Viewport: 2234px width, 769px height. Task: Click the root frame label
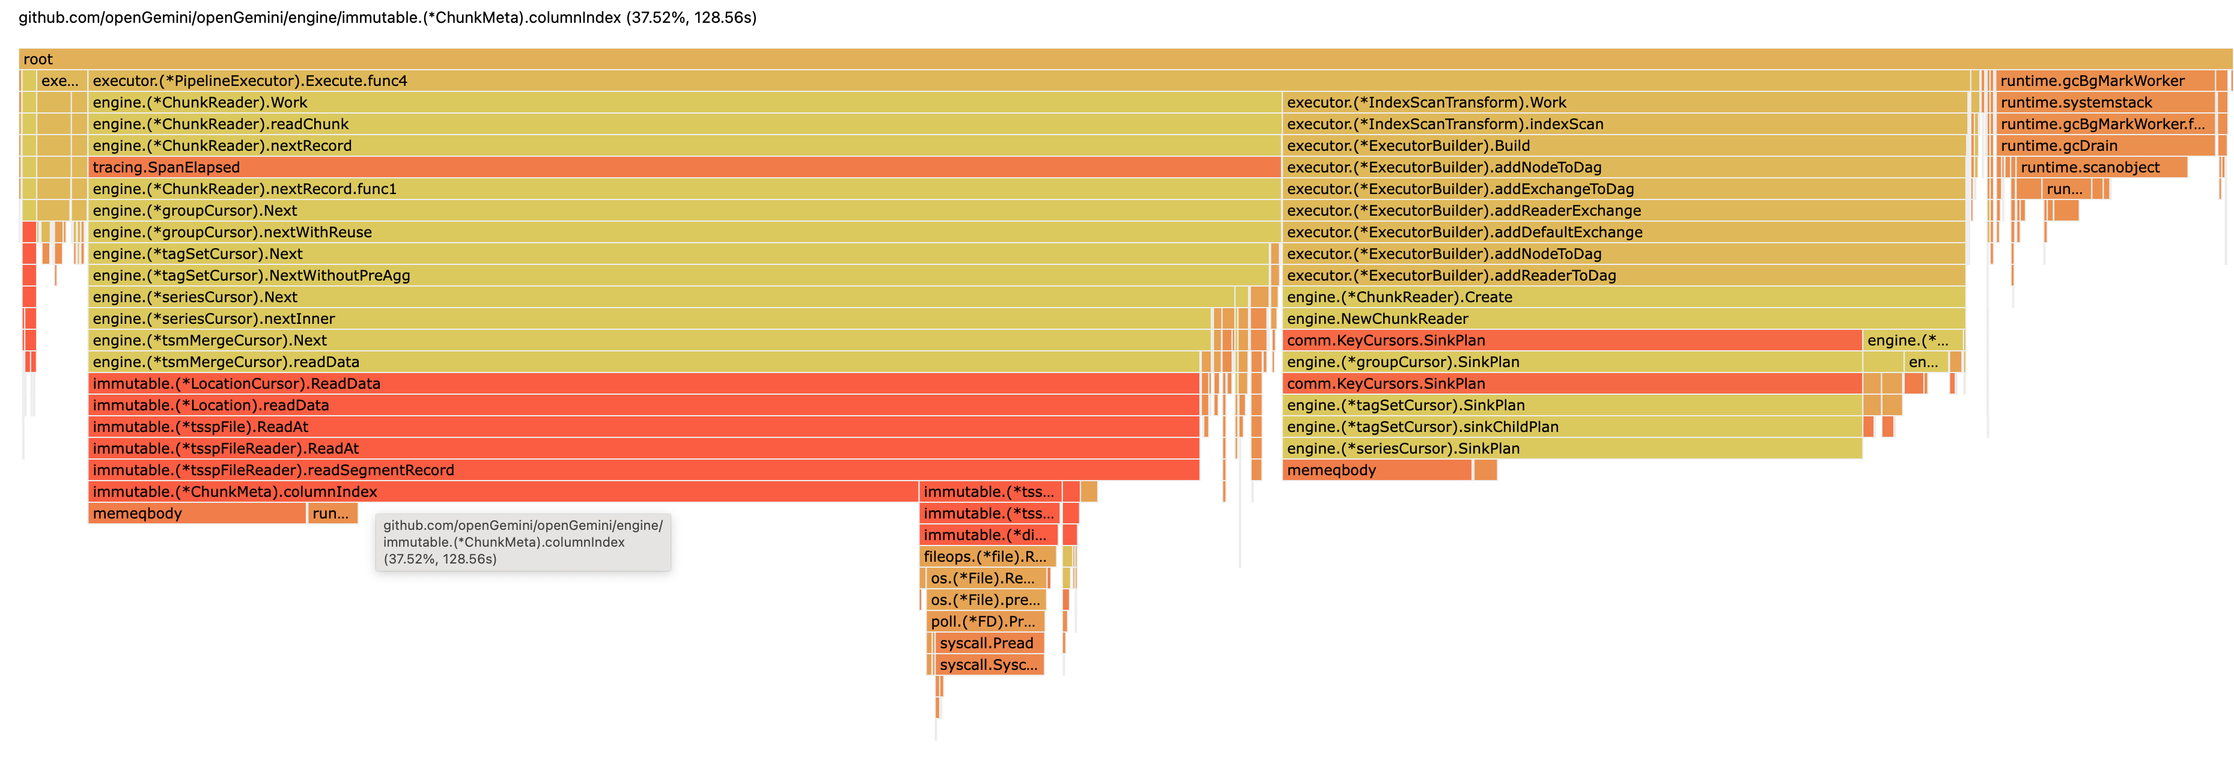[38, 59]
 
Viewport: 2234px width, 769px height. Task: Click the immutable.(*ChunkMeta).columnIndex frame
[503, 491]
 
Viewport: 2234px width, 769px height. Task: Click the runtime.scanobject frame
[2099, 168]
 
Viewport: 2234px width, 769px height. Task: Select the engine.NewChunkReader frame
[1622, 319]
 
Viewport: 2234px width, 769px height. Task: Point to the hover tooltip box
[523, 542]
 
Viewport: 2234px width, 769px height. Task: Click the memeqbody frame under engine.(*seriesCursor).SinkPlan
[1377, 470]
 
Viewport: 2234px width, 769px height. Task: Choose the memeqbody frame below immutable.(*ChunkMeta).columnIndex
[197, 513]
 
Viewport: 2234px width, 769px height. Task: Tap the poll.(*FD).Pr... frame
[984, 622]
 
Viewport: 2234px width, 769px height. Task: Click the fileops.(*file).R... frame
[987, 556]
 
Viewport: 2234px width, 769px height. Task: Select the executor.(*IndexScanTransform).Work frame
[1622, 102]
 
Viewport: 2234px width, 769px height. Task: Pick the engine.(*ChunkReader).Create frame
[1622, 297]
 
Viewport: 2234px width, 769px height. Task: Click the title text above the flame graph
[388, 17]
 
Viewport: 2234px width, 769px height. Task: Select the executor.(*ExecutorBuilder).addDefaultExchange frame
[1622, 233]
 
